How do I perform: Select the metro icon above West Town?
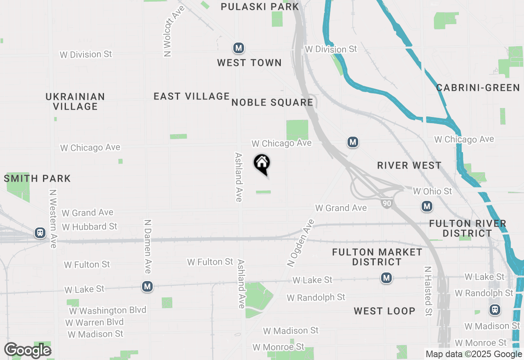pyautogui.click(x=239, y=48)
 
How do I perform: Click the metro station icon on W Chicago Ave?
pyautogui.click(x=353, y=142)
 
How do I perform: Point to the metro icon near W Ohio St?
pyautogui.click(x=427, y=207)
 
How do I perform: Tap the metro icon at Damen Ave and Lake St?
pyautogui.click(x=147, y=287)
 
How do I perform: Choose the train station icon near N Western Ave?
pyautogui.click(x=40, y=233)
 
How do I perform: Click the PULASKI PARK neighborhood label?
pyautogui.click(x=260, y=7)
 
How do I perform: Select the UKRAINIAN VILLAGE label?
pyautogui.click(x=75, y=101)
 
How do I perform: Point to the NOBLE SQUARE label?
pyautogui.click(x=272, y=102)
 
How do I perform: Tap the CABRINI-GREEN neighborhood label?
pyautogui.click(x=478, y=88)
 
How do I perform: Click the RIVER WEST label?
pyautogui.click(x=409, y=165)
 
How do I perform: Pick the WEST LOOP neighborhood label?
pyautogui.click(x=384, y=311)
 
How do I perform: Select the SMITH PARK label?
pyautogui.click(x=37, y=178)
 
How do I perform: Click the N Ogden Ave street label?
pyautogui.click(x=300, y=243)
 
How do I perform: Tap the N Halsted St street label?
pyautogui.click(x=428, y=291)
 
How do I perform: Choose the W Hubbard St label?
pyautogui.click(x=90, y=226)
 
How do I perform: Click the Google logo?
pyautogui.click(x=27, y=351)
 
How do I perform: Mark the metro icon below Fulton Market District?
pyautogui.click(x=386, y=278)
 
